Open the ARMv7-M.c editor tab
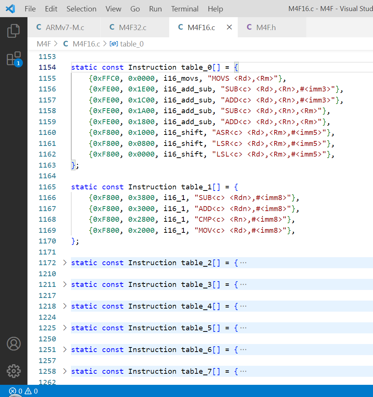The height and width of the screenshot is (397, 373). click(60, 27)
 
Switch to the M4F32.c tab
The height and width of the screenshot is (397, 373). click(128, 27)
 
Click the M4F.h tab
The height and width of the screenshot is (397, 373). click(261, 27)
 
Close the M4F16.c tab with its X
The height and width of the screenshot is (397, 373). click(229, 27)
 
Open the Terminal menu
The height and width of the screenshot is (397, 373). click(185, 9)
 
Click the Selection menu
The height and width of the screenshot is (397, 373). click(81, 9)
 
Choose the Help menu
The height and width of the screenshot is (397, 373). click(215, 9)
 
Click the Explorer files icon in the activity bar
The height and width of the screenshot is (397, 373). click(14, 31)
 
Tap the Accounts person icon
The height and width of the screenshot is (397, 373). click(14, 344)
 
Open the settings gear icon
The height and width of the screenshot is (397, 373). click(14, 371)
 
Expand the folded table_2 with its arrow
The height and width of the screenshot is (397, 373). click(65, 263)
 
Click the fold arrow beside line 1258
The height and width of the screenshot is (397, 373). click(65, 371)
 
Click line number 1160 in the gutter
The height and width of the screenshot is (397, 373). click(47, 133)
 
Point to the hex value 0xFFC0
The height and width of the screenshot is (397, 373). click(106, 78)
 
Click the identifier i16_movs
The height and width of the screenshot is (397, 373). click(181, 78)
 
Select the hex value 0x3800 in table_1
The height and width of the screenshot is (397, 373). click(141, 197)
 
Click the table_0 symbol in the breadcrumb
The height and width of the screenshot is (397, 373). click(132, 44)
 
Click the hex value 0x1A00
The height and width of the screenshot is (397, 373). click(141, 110)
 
